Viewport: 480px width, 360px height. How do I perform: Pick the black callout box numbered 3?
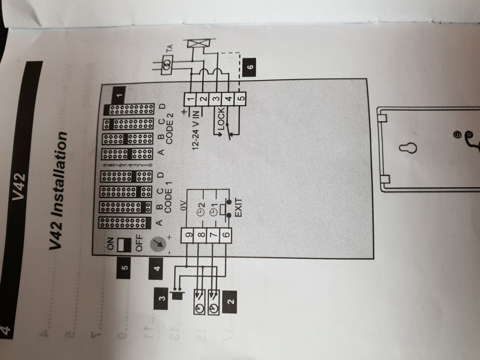(x=162, y=298)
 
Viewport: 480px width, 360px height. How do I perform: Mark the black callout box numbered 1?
(x=120, y=96)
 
